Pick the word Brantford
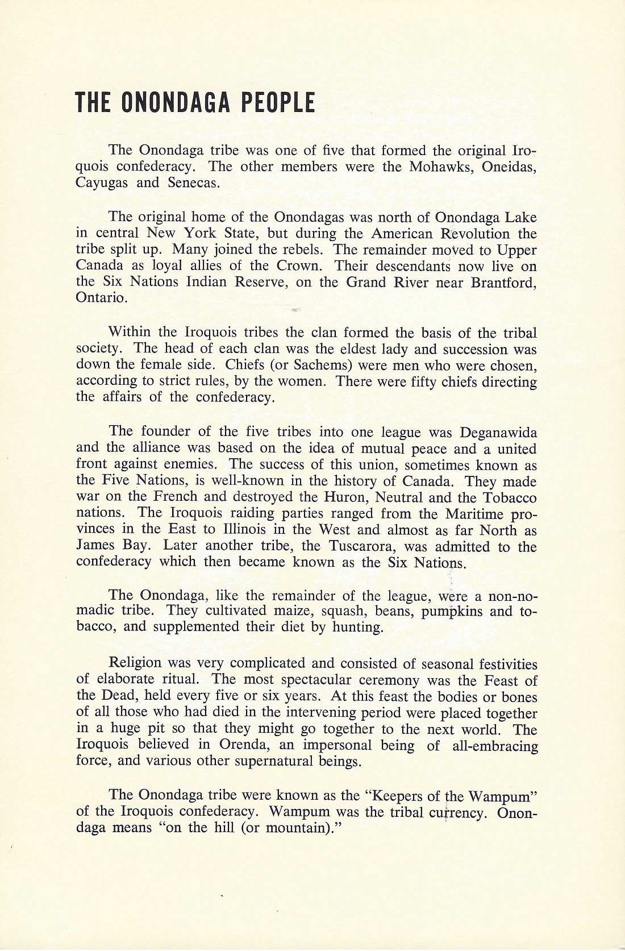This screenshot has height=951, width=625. click(503, 283)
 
